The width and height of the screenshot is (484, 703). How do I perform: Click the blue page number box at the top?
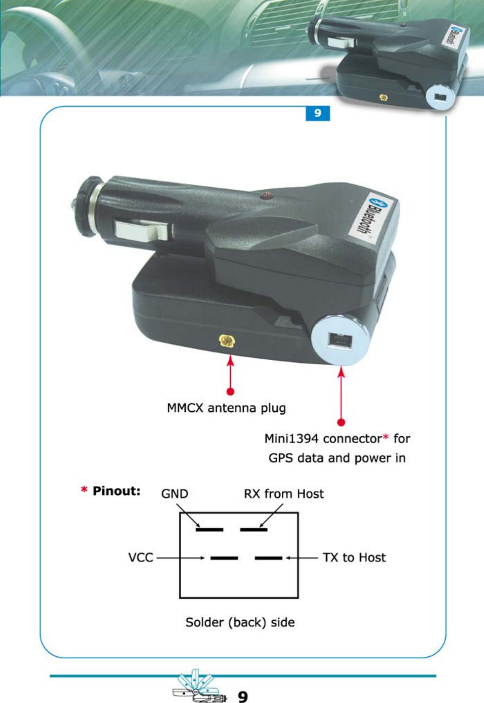coord(317,113)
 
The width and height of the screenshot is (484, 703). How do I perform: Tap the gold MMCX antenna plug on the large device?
coord(227,341)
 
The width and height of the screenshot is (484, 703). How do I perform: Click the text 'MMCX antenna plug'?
coord(226,408)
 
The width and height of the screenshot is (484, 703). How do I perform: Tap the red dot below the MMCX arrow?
coord(231,391)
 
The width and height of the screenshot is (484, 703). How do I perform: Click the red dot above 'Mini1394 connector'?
coord(341,422)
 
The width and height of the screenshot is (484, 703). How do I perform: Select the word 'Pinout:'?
coord(116,491)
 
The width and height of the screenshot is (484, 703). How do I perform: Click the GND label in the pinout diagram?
coord(175,494)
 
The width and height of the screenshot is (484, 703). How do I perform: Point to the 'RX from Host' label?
coord(284,494)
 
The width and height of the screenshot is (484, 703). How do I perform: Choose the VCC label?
coord(141,558)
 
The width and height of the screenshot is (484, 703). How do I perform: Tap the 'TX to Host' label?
coord(354,558)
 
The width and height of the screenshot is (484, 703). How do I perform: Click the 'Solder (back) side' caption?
coord(240,622)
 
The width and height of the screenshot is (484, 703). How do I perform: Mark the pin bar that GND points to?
coord(210,529)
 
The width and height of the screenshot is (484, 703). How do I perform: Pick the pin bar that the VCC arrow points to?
coord(224,558)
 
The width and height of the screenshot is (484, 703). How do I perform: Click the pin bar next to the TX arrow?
coord(268,558)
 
